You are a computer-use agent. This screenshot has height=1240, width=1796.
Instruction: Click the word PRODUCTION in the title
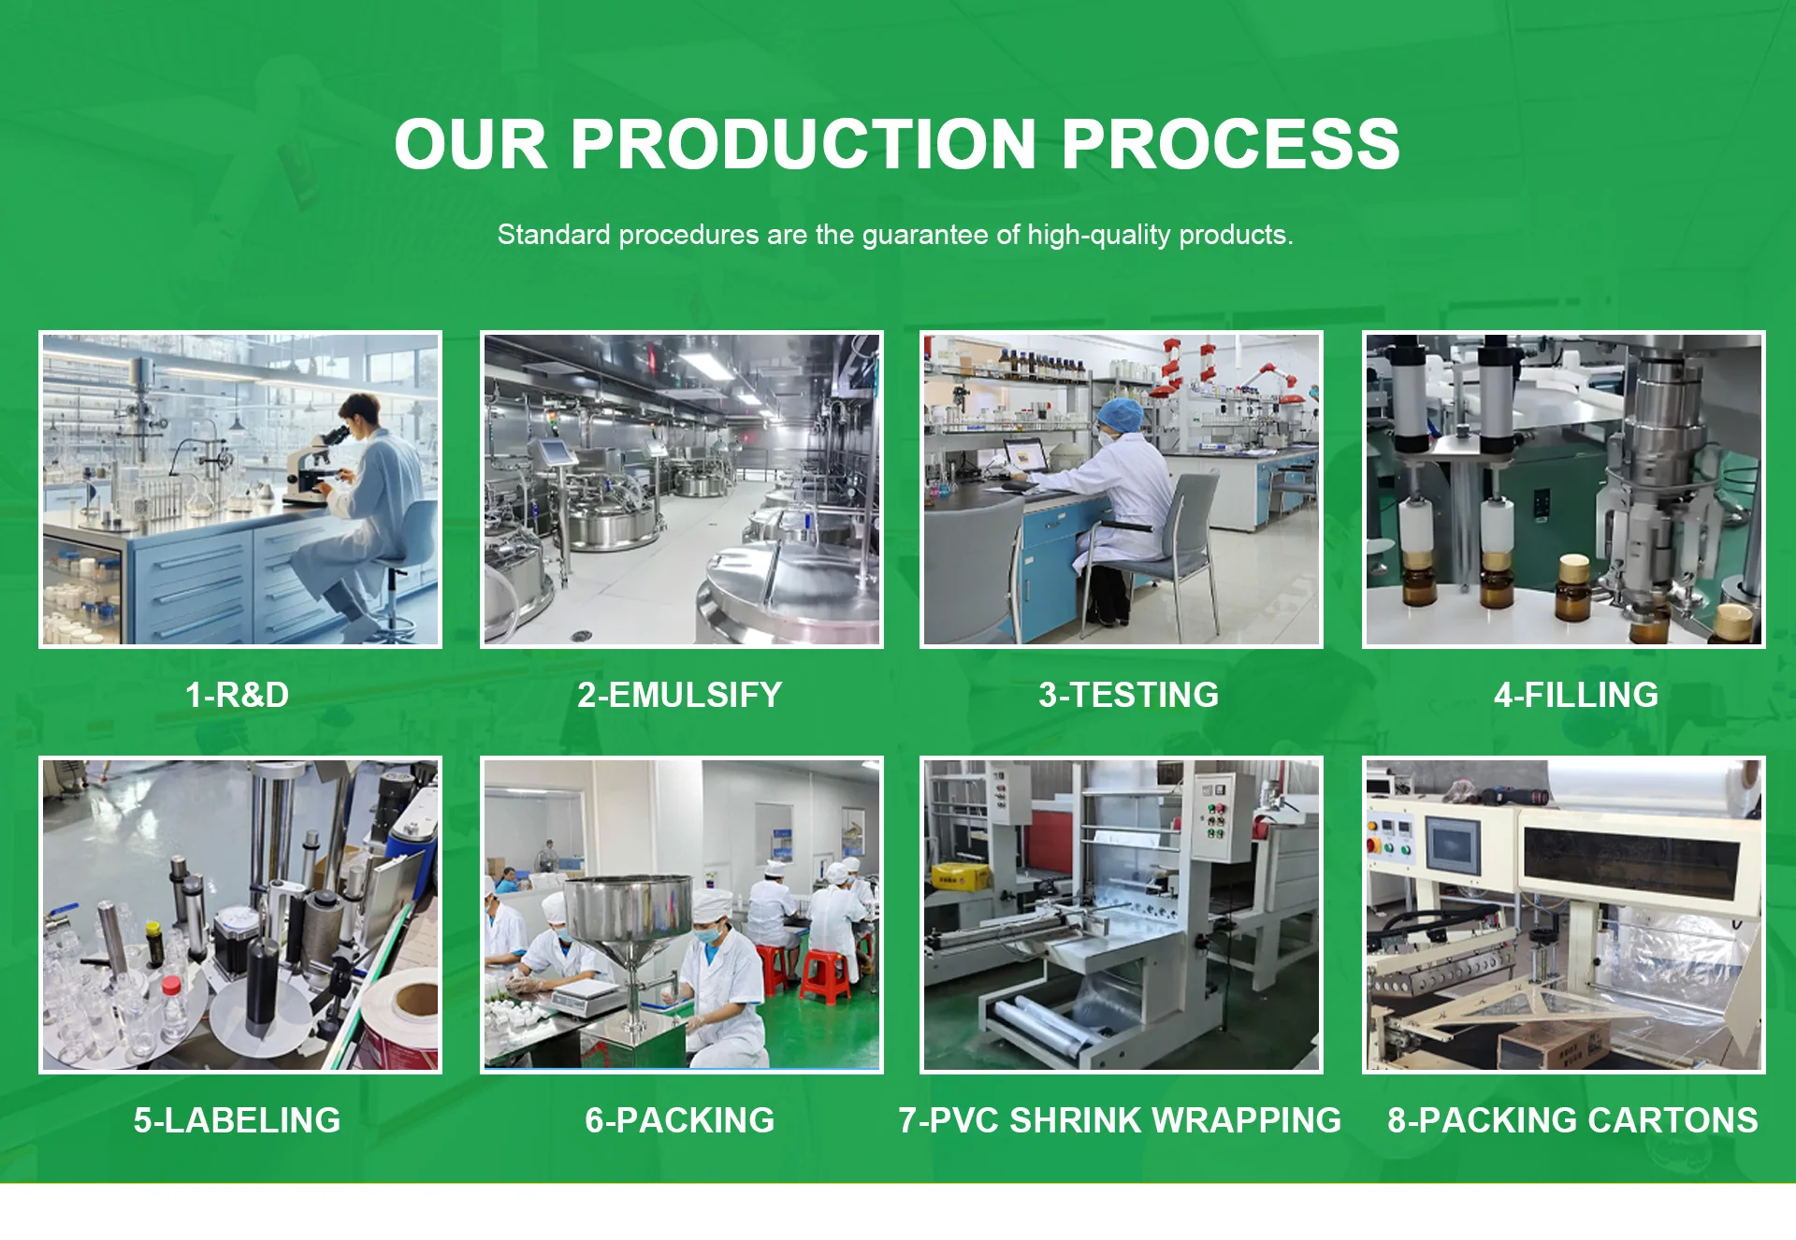coord(803,144)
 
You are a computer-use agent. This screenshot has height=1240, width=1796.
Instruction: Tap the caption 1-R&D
coord(238,695)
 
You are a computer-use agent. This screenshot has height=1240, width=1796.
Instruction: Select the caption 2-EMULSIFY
coord(680,695)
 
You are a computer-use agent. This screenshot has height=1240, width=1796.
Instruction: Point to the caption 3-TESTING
coord(1129,695)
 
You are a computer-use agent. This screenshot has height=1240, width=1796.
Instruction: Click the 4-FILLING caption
coord(1576,695)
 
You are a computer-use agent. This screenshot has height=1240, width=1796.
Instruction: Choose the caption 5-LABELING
coord(238,1120)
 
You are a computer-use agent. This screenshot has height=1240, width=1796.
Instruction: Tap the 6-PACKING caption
coord(680,1120)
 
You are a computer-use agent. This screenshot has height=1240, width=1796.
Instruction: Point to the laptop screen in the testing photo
coord(1025,457)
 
